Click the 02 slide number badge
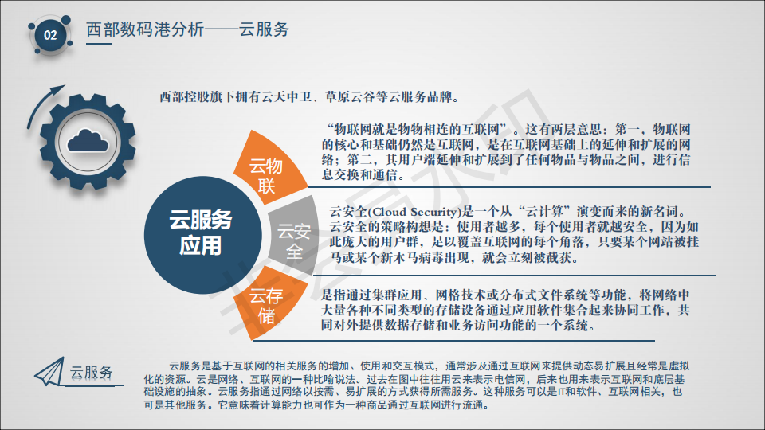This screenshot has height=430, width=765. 50,35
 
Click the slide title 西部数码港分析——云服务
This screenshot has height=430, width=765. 187,29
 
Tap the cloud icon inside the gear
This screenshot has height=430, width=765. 88,140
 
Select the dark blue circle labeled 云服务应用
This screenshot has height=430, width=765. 202,234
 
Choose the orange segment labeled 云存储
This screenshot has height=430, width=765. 269,304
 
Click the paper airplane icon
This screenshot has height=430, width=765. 49,372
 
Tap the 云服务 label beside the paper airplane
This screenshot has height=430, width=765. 91,372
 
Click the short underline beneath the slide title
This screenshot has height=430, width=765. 99,44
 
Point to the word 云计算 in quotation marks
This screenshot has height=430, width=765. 544,212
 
